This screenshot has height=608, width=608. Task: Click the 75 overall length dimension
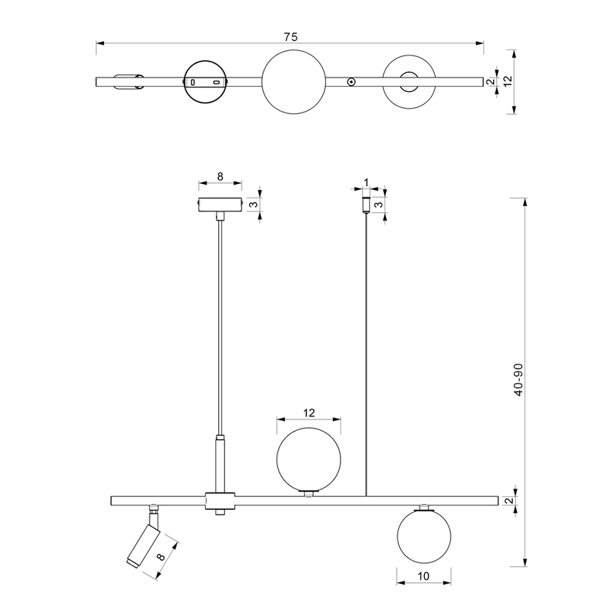290,36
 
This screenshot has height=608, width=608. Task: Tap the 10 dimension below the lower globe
423,576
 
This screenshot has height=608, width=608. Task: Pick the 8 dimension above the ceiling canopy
220,176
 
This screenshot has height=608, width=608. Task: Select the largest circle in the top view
294,81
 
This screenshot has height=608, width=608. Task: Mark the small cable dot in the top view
351,82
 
